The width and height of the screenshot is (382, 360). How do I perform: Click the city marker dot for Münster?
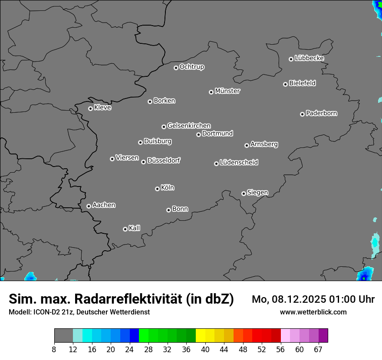click(x=211, y=92)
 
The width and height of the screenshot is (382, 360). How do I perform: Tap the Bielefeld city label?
click(x=302, y=83)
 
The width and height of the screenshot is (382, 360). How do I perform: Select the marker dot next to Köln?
click(x=157, y=189)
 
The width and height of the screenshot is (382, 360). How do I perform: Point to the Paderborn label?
click(x=321, y=113)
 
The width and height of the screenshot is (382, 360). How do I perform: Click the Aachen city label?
click(x=104, y=205)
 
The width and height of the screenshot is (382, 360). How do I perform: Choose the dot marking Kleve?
click(x=90, y=108)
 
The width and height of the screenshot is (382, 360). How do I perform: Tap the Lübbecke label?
click(x=309, y=58)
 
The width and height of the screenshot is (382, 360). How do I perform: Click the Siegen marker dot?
click(x=244, y=193)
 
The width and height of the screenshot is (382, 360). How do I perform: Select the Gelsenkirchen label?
click(x=189, y=126)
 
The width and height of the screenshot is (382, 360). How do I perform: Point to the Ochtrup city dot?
click(x=176, y=68)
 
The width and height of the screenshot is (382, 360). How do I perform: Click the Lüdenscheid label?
click(x=239, y=163)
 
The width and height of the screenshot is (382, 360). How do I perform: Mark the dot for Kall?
click(x=125, y=229)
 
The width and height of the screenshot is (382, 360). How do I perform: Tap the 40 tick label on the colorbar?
click(x=205, y=349)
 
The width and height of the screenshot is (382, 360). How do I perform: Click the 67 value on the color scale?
click(x=319, y=349)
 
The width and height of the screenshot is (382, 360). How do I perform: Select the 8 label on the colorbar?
click(x=54, y=349)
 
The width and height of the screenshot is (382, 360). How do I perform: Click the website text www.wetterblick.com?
click(x=313, y=312)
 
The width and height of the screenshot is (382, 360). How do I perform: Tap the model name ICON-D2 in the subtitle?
click(x=44, y=312)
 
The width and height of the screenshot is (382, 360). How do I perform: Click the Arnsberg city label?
click(x=264, y=144)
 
